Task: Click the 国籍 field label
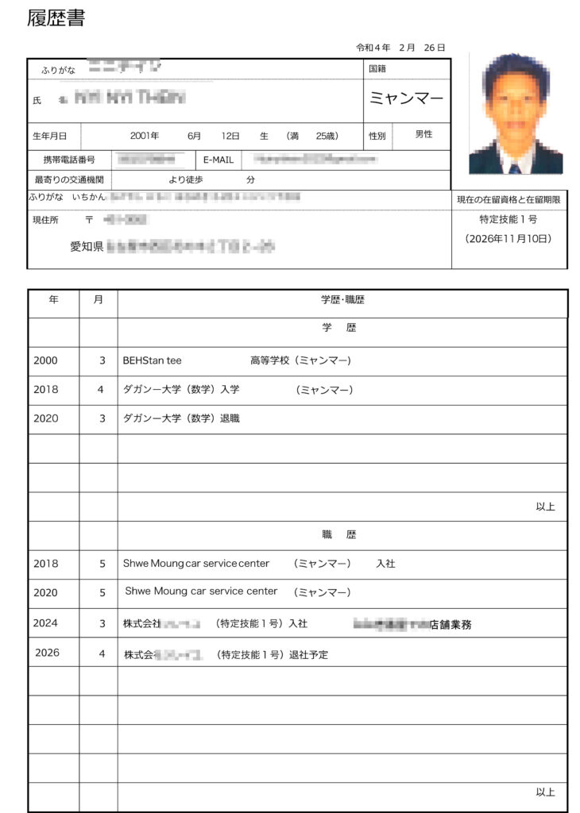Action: tap(377, 69)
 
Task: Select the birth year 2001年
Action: tap(145, 136)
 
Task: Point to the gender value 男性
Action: tap(423, 135)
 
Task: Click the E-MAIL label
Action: tap(218, 160)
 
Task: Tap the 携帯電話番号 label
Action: tap(69, 160)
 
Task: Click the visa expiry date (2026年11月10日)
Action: tap(509, 239)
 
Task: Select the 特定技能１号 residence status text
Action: tap(508, 220)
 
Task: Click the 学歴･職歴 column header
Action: tap(342, 300)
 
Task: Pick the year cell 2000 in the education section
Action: tap(45, 360)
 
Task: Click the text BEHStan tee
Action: tap(152, 360)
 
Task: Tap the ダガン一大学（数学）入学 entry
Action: tap(181, 390)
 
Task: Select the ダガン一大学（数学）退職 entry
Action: tap(181, 418)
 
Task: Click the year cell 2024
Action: tap(45, 623)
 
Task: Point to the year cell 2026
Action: tap(48, 653)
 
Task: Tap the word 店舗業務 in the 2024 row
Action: tap(450, 625)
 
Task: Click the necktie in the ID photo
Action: tap(515, 168)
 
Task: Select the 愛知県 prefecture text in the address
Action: tap(87, 248)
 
